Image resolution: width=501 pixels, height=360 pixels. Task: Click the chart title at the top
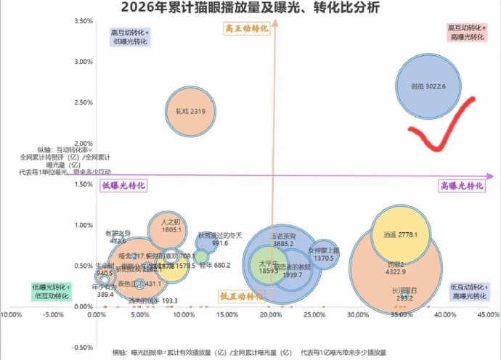[250, 8]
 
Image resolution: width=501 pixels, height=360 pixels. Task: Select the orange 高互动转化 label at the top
[244, 28]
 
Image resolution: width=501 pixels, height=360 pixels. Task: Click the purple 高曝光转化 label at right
[462, 186]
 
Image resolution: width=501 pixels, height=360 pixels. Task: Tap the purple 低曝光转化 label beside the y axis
[123, 186]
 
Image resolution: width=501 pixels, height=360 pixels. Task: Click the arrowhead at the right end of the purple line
[492, 176]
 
